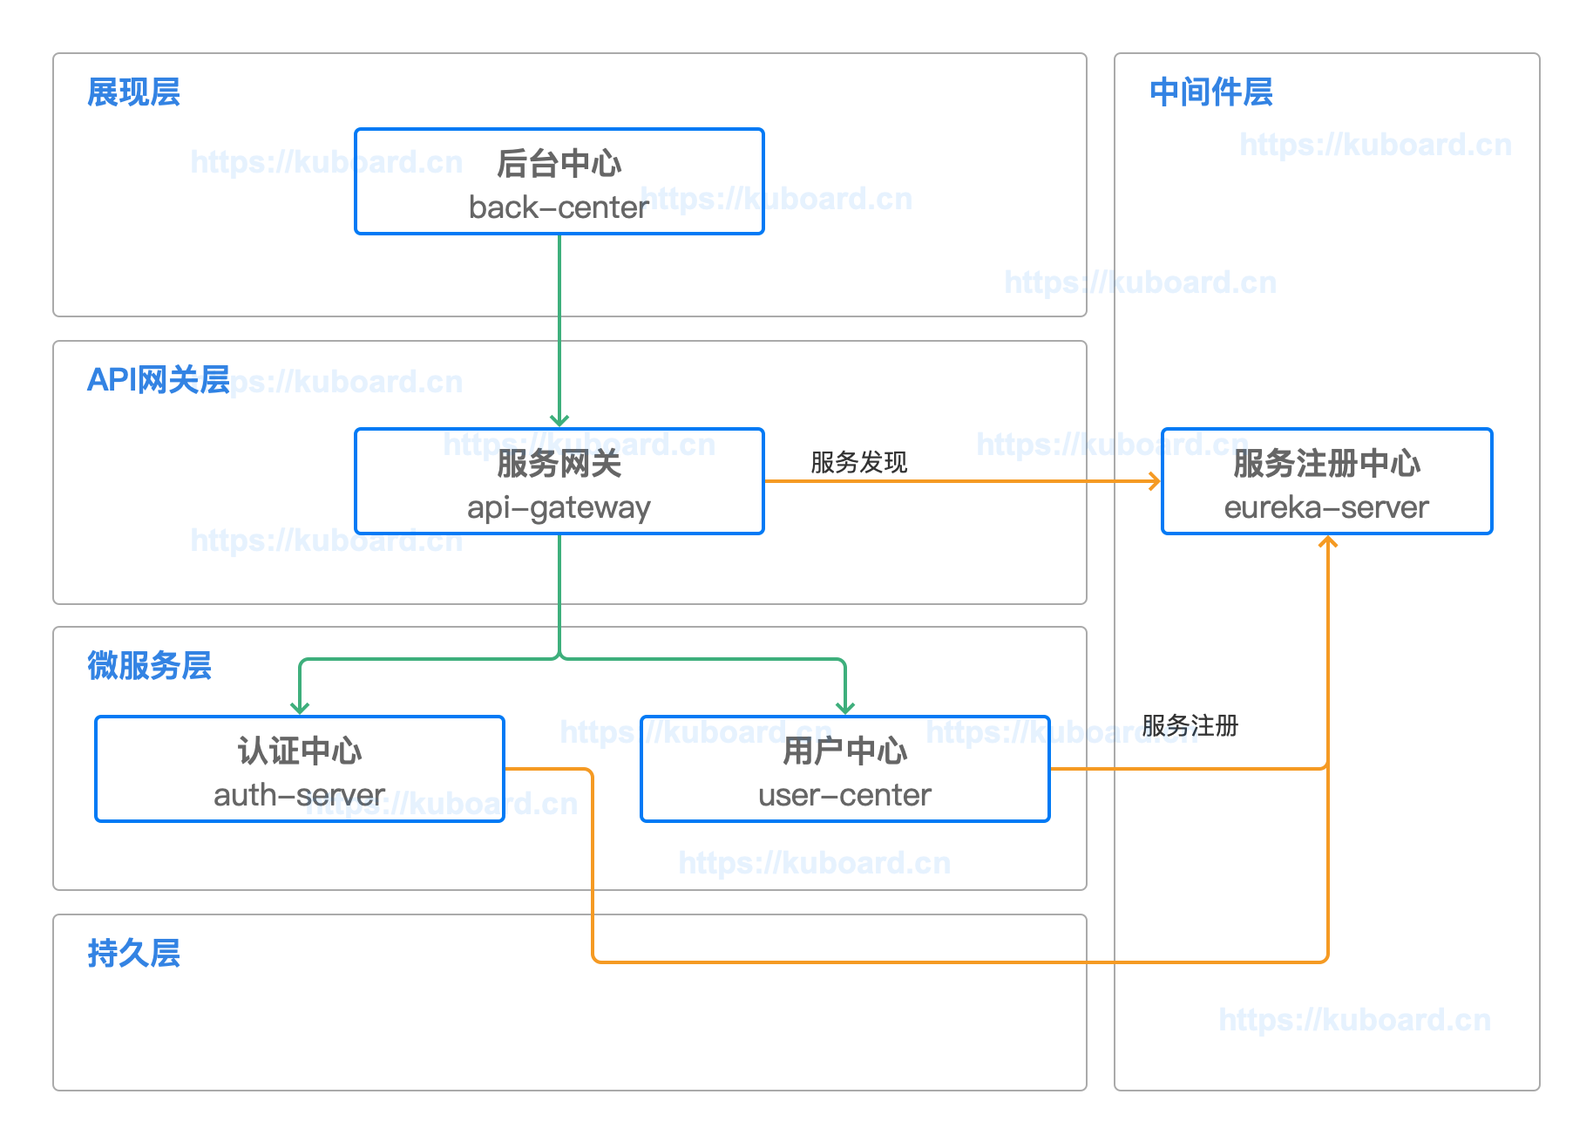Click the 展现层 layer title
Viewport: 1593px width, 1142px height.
click(133, 92)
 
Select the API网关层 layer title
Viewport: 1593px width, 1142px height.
click(158, 380)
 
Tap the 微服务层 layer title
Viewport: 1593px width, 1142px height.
click(149, 666)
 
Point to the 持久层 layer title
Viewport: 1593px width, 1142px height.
click(133, 954)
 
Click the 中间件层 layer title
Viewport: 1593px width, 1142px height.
click(1210, 92)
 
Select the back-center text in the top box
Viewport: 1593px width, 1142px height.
click(559, 208)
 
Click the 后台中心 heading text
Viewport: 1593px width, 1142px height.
click(559, 164)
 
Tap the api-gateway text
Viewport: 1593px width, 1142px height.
click(559, 508)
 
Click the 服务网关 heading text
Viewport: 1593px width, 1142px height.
click(559, 464)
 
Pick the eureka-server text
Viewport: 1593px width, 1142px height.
click(1326, 508)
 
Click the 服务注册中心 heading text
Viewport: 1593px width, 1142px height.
click(1326, 464)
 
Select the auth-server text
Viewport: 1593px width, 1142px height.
click(299, 796)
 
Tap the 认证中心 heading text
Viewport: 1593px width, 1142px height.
click(299, 751)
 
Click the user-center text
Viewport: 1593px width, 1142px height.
click(844, 796)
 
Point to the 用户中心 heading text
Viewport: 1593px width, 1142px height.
click(844, 751)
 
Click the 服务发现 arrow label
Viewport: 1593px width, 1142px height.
click(858, 462)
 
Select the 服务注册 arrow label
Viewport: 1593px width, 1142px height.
click(1190, 725)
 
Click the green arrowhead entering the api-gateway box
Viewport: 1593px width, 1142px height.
click(559, 421)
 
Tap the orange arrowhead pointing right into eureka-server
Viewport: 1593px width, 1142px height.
click(1155, 481)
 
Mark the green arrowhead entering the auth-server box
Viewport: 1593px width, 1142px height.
click(300, 708)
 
